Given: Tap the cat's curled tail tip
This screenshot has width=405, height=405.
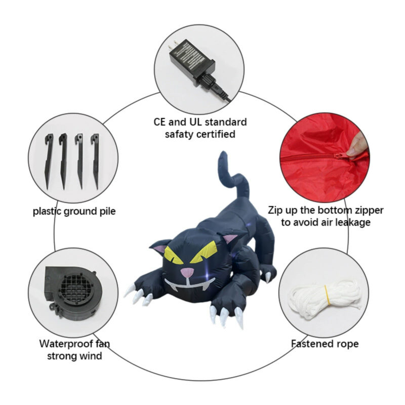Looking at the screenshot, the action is click(x=223, y=156).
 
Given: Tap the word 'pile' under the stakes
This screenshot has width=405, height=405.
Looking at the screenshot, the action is click(x=108, y=212).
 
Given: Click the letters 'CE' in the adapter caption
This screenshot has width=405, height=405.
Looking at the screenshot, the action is click(x=159, y=122).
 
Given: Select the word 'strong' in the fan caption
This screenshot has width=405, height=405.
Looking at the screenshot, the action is click(x=62, y=356).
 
